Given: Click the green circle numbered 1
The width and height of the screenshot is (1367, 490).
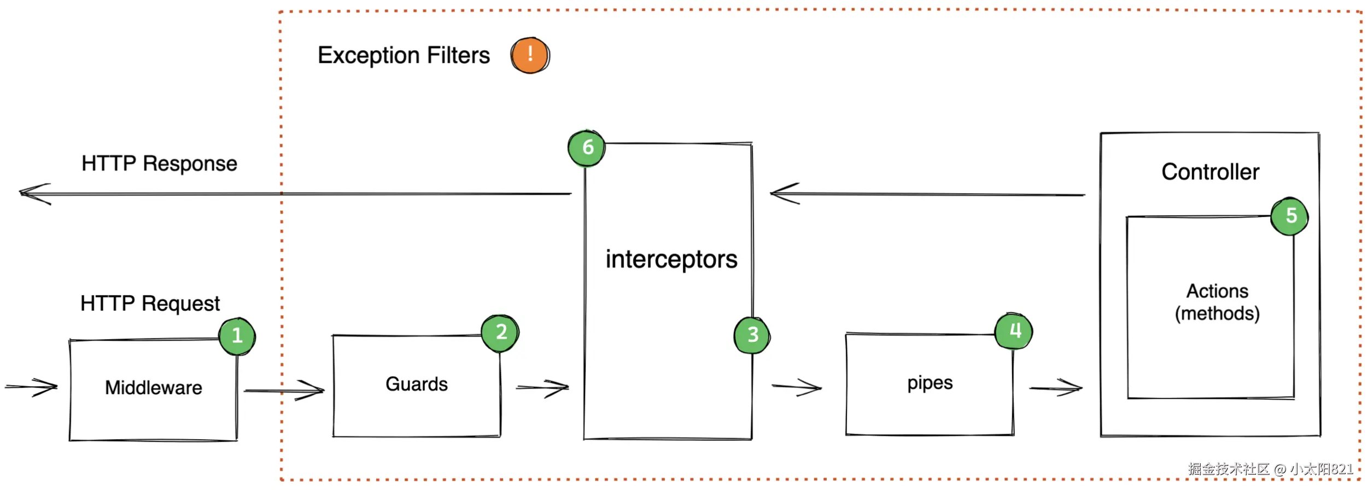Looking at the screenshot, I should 237,336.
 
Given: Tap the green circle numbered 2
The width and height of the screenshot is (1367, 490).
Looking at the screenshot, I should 500,332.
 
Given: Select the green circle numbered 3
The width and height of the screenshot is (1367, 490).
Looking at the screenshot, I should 752,335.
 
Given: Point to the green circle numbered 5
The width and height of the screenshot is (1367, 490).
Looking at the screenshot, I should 1289,216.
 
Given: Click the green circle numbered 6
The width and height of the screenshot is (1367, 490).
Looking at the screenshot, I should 586,148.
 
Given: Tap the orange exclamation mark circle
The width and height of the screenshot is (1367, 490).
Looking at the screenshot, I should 530,55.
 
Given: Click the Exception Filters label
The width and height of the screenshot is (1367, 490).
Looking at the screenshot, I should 404,55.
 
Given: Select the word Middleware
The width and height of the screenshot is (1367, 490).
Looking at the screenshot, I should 154,388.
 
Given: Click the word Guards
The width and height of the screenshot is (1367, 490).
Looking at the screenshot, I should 417,384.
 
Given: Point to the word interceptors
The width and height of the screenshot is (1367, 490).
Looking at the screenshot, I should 671,259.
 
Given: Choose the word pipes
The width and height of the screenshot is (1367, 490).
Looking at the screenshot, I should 930,383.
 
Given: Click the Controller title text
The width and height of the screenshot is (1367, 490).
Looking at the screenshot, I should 1210,172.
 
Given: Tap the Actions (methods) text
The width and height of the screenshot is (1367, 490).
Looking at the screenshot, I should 1217,302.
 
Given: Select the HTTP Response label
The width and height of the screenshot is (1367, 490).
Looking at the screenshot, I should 159,164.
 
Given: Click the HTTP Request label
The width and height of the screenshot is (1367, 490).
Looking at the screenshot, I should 150,304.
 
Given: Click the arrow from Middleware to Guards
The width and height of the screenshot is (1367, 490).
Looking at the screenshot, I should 284,390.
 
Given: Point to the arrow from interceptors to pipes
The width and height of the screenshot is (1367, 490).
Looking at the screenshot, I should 797,387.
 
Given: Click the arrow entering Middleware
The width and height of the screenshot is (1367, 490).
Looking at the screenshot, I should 32,387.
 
